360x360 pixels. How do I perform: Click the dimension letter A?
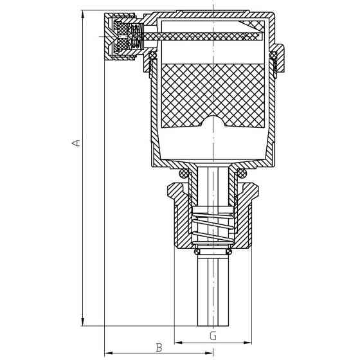76,143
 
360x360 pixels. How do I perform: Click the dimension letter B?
159,348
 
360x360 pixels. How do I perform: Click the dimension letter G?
213,336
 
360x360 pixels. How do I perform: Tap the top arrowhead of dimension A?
83,14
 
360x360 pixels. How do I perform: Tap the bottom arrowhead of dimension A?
83,321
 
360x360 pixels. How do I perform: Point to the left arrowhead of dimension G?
179,343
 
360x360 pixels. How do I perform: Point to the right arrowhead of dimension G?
248,343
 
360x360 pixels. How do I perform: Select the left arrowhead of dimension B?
109,353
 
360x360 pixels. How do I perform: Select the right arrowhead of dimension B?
209,353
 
